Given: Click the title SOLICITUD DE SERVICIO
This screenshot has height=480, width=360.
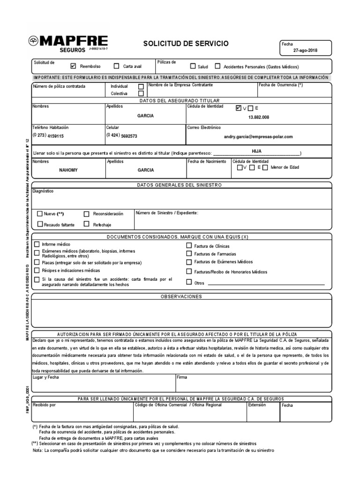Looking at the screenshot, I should [x=186, y=44].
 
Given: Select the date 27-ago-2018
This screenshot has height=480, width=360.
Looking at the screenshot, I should [x=305, y=50].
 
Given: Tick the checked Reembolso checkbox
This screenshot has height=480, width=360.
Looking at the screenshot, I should [x=73, y=66].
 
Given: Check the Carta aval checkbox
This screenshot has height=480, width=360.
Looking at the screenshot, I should [x=116, y=66].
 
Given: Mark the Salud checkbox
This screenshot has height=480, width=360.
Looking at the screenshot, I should [x=193, y=67].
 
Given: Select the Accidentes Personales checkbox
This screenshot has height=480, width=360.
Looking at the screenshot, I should [x=217, y=67].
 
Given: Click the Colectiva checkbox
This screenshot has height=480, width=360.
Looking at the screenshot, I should [x=141, y=93].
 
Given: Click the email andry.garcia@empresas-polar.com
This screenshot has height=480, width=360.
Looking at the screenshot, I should [x=259, y=136].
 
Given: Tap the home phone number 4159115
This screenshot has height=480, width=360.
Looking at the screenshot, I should [x=55, y=136].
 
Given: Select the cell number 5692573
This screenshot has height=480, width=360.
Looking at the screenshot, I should [x=129, y=136].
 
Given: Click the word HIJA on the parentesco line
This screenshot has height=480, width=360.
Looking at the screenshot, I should [x=256, y=151].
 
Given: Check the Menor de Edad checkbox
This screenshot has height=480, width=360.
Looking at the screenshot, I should [x=265, y=167].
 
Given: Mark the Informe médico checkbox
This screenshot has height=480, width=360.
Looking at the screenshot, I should [x=37, y=245].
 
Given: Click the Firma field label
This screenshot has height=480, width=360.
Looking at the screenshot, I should [x=182, y=377].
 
